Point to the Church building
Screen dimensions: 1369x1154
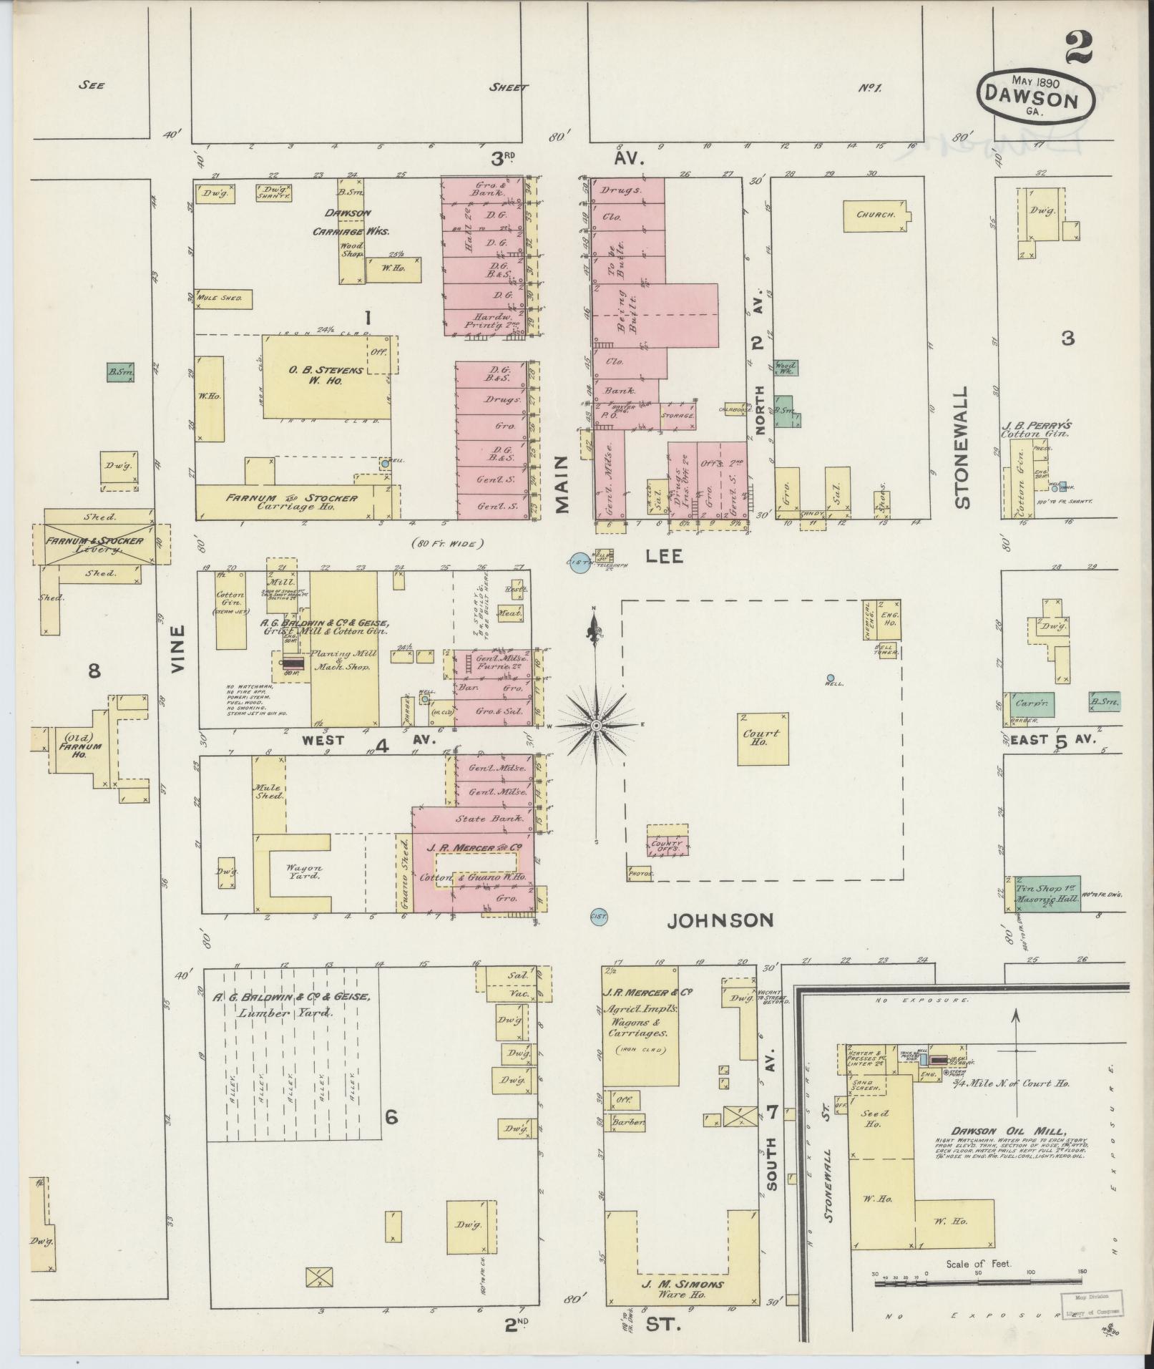[876, 214]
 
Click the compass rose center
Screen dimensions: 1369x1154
[595, 726]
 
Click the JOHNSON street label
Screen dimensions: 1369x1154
[720, 920]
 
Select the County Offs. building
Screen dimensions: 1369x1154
[668, 844]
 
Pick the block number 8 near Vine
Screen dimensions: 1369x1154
[94, 671]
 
